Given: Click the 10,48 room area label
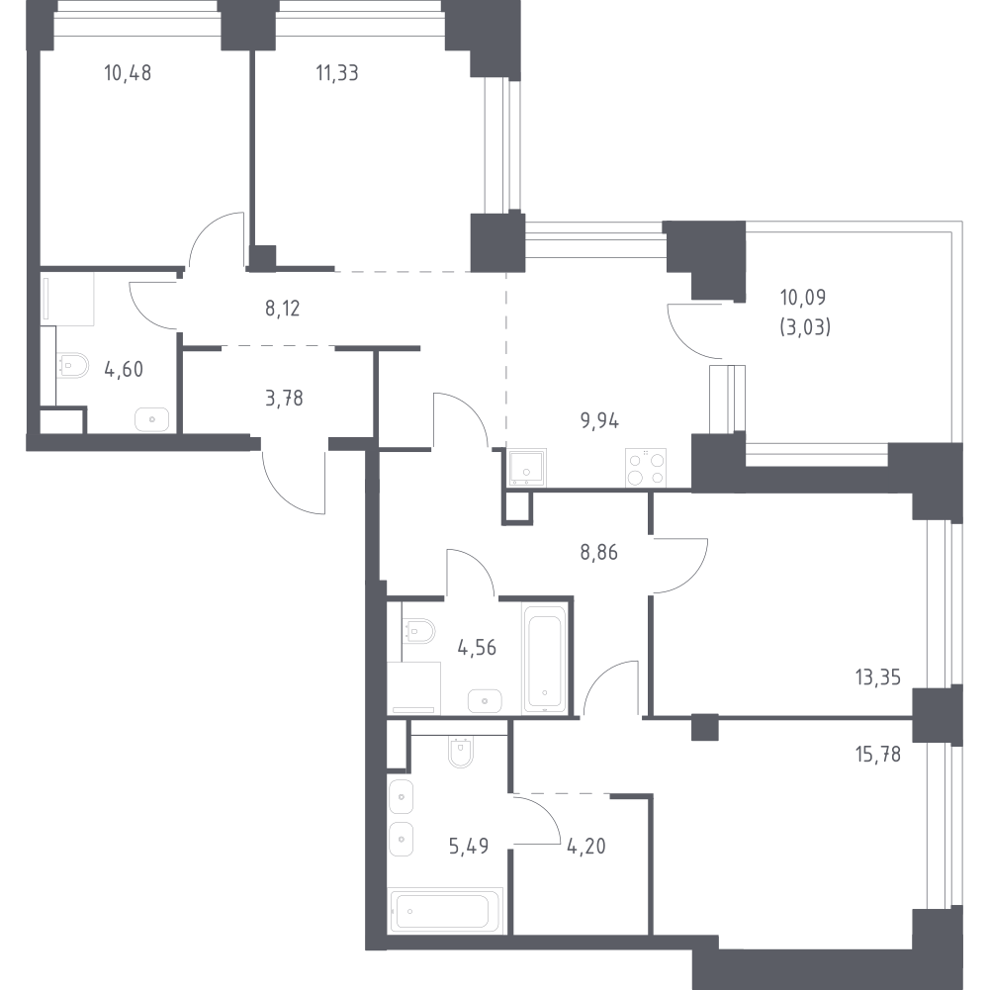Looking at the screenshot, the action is click(128, 73).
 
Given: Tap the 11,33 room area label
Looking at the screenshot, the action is click(337, 73).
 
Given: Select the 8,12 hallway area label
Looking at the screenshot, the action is click(282, 309).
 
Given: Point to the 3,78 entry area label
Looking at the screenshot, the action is click(284, 399).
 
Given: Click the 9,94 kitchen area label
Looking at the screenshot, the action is click(599, 420).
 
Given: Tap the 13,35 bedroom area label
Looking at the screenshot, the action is click(878, 677).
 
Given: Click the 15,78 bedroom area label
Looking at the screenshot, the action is click(878, 755).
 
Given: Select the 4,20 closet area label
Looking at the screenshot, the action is click(586, 846).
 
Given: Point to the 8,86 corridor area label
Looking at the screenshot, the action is click(598, 553).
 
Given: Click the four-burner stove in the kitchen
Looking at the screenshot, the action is click(646, 468).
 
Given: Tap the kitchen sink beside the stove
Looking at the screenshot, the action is click(527, 468).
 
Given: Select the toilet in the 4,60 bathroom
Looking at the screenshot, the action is click(72, 365).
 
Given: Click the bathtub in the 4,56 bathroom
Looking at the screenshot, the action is click(544, 659).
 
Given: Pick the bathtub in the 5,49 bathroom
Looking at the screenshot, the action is click(445, 911).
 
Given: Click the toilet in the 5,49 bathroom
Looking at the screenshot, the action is click(461, 752).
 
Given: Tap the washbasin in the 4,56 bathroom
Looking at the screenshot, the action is click(485, 701).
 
